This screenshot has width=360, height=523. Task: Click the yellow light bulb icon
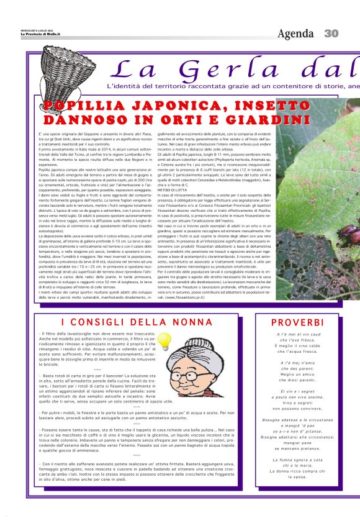tap(164, 340)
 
